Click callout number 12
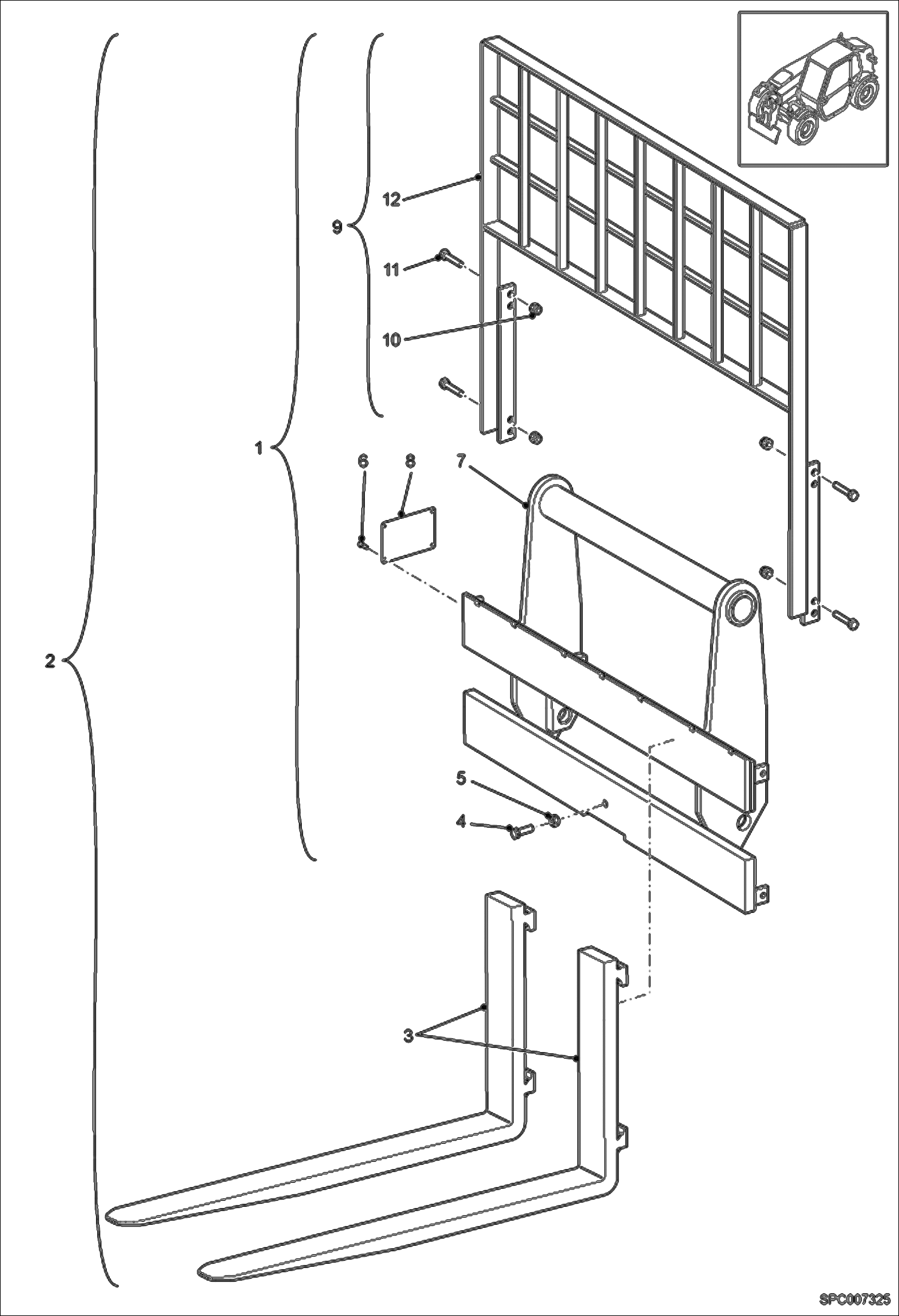point(391,199)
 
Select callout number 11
point(391,270)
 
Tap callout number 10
point(391,340)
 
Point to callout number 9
point(337,227)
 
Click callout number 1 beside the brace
point(259,447)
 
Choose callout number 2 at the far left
point(50,661)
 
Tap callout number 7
point(460,461)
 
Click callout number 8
point(410,461)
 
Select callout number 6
point(363,461)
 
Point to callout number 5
point(461,779)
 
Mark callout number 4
point(461,822)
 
